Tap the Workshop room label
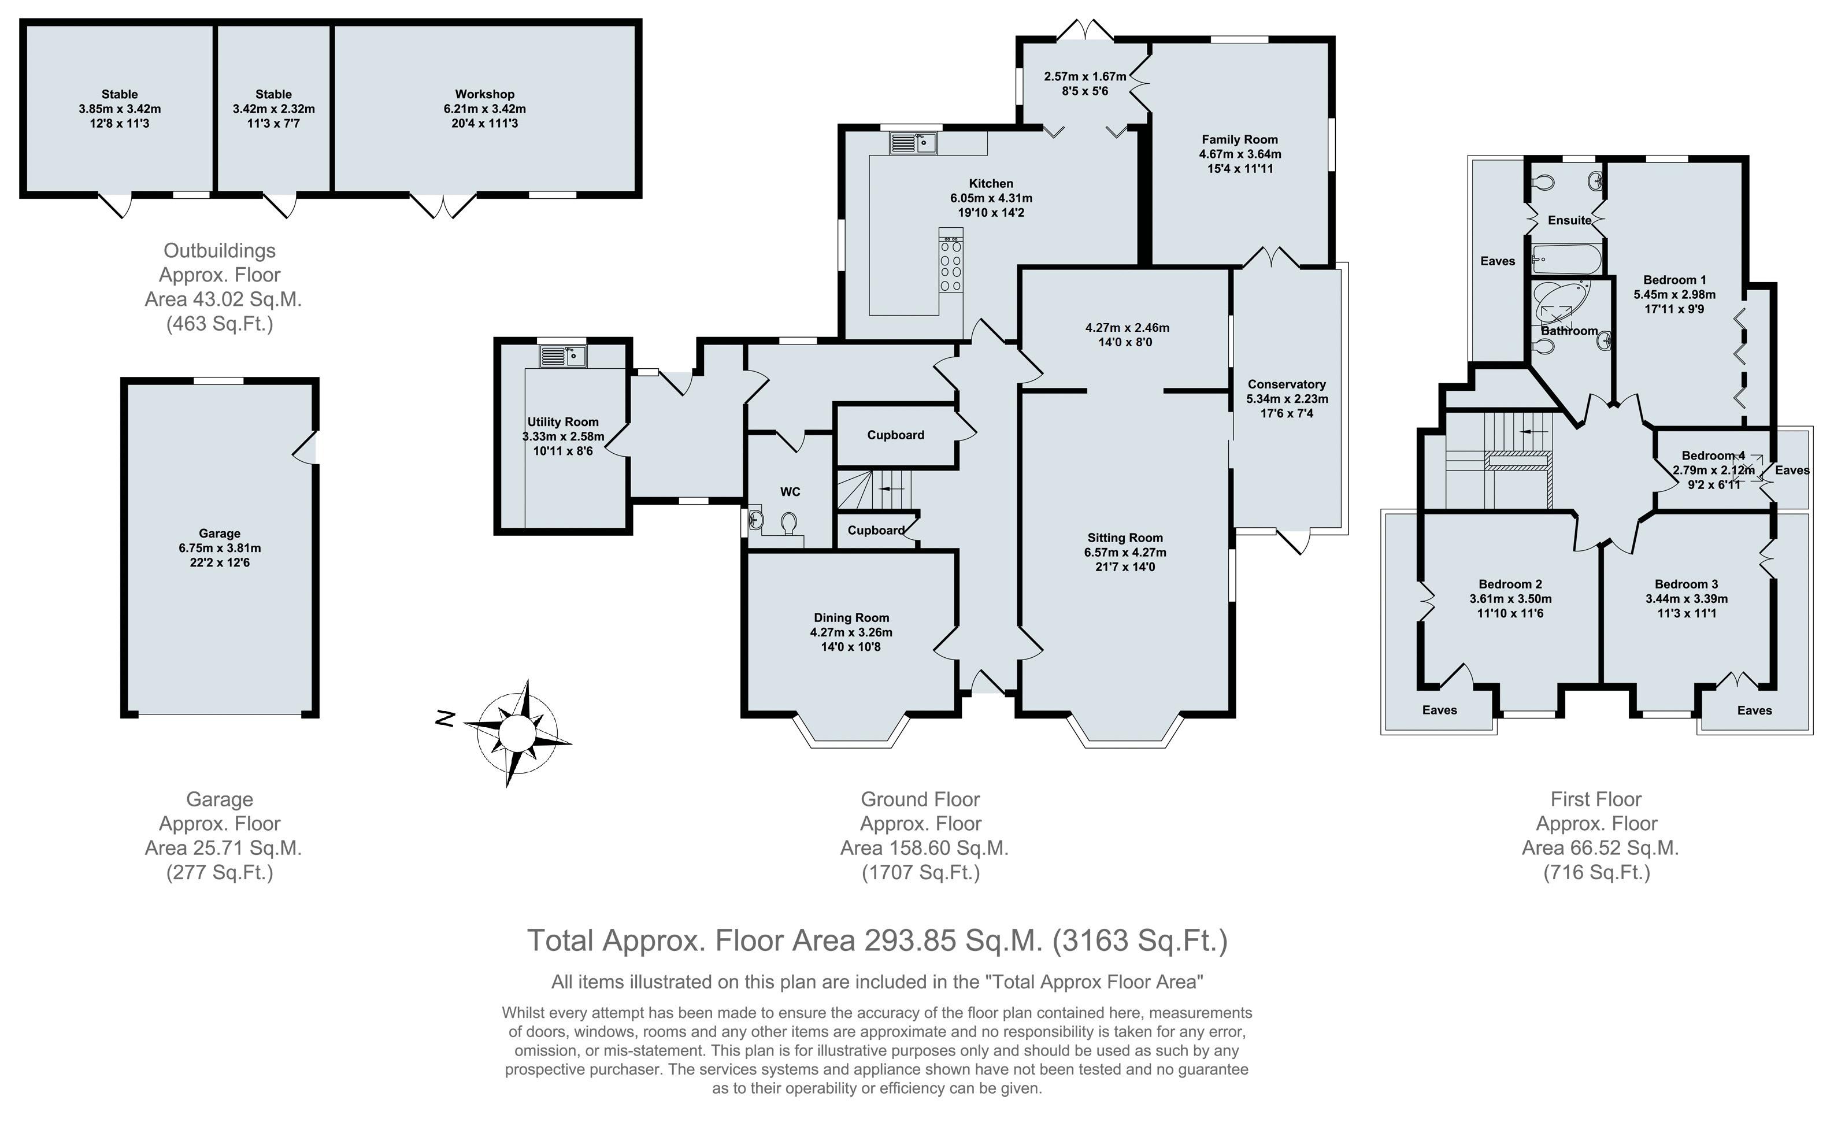[484, 94]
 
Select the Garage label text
[220, 534]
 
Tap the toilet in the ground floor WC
[789, 524]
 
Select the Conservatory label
[1287, 384]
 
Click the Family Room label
[1240, 139]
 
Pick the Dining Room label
[852, 618]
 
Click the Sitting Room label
[1125, 538]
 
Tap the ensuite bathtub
[1566, 260]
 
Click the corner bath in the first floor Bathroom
[1561, 303]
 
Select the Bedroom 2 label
[1510, 584]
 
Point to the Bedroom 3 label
[1686, 584]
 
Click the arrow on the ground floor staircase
[891, 488]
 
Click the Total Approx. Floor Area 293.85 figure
[877, 941]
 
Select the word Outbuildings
[220, 251]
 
